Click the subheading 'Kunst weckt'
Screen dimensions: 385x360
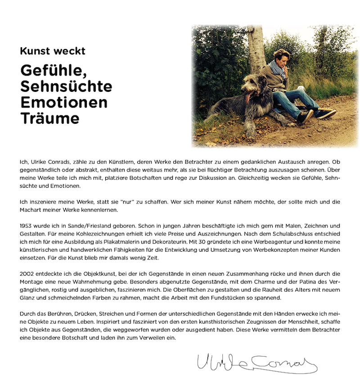click(x=52, y=51)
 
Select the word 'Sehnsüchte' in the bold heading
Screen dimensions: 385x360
click(x=66, y=86)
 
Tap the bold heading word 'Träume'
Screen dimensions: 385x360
click(x=49, y=118)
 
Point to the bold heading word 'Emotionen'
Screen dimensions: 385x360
click(x=64, y=102)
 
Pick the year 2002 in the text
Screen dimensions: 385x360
click(x=27, y=274)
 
